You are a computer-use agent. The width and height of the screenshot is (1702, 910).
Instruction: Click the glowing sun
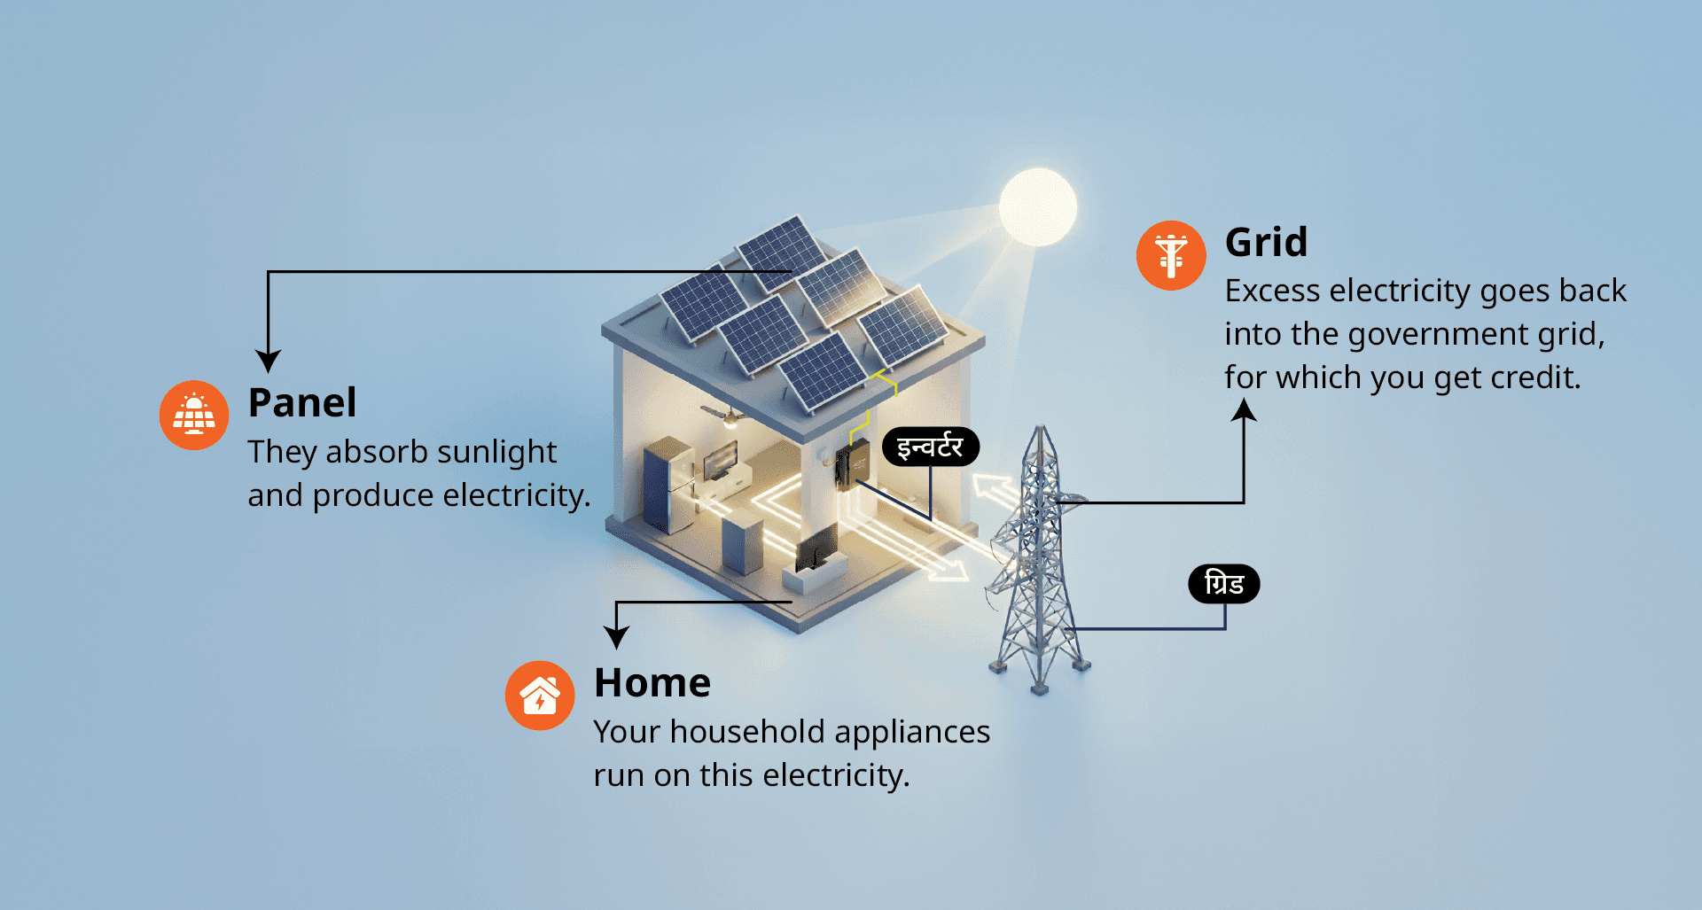coord(1037,206)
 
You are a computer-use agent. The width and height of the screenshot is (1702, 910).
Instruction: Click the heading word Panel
coord(302,403)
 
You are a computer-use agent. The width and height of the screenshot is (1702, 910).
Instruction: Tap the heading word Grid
coord(1266,243)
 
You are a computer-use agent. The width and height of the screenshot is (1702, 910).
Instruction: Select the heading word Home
coord(652,683)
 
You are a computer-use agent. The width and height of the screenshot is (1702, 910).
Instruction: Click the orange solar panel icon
coord(194,415)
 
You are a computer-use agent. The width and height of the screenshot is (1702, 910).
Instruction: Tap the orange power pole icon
coord(1171,255)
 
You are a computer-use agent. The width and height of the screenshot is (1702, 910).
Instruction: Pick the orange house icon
coord(540,696)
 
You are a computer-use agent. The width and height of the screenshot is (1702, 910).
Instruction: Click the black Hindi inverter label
coord(930,447)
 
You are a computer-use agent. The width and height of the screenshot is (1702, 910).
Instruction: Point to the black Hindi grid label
coord(1223,584)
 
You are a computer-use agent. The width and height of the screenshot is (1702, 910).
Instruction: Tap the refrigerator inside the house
coord(668,483)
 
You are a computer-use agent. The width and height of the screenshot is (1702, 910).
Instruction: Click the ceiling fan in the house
coord(728,415)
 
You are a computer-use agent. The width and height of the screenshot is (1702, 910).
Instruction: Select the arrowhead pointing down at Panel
coord(268,361)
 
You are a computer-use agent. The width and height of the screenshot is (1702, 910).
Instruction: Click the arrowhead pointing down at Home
coord(616,636)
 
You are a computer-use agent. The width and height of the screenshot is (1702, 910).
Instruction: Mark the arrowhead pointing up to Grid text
coord(1244,409)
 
